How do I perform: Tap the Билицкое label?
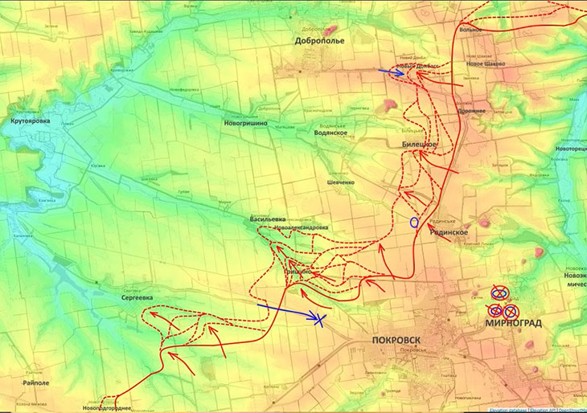419,143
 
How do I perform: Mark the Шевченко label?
340,182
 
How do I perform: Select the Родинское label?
449,231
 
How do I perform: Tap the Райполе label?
37,371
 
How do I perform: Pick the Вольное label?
472,30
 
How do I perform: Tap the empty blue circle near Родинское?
414,223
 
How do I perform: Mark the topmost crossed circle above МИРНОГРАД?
499,292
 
